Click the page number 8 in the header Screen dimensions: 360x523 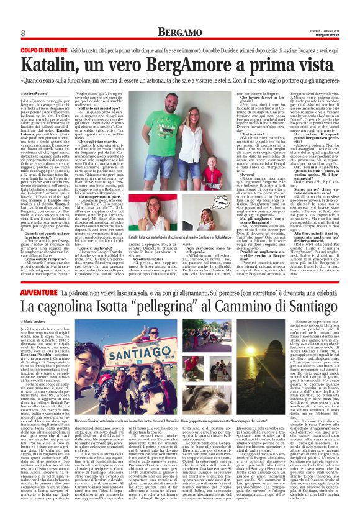pyautogui.click(x=22, y=32)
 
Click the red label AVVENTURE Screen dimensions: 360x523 pyautogui.click(x=37, y=291)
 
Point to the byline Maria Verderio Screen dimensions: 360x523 pyautogui.click(x=37, y=321)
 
